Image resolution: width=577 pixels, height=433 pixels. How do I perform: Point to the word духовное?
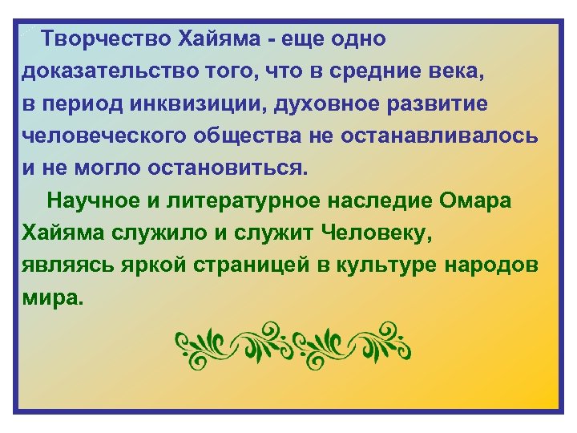coord(309,104)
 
